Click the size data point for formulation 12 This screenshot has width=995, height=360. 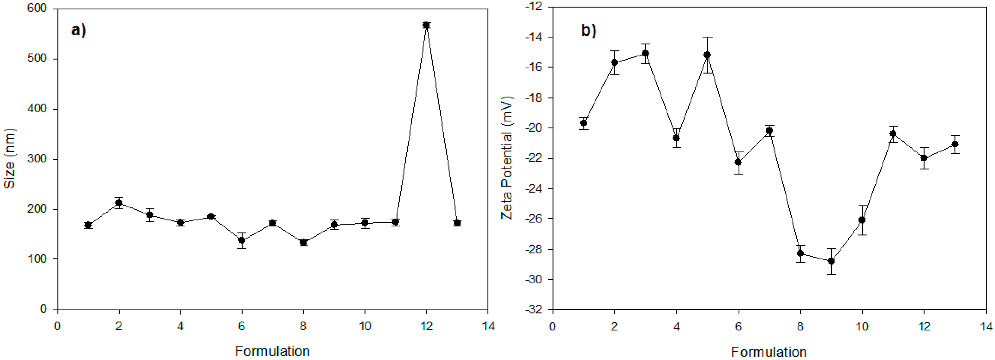426,25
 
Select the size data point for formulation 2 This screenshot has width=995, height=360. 119,203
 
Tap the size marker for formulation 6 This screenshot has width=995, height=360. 242,240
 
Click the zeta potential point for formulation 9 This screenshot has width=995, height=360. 831,261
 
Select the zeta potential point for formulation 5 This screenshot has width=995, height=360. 707,55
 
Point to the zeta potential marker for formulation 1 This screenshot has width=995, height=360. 584,123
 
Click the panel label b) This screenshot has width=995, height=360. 589,30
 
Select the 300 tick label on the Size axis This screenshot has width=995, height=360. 37,159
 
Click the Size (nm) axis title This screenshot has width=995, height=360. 9,158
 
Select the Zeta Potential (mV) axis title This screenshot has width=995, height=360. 507,158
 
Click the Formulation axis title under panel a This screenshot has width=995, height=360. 272,351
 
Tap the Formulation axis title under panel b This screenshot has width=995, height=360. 769,352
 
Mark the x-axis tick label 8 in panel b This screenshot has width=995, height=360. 800,327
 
